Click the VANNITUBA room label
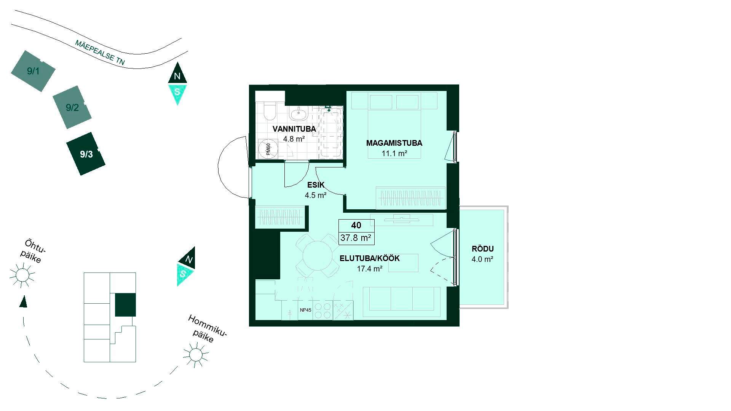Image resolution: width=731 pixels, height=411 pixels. tap(294, 129)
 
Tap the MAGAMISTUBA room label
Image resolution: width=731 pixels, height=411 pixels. tap(394, 143)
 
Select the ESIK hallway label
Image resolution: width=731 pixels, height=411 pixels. tap(316, 185)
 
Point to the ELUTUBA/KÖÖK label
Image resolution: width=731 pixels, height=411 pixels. tap(369, 259)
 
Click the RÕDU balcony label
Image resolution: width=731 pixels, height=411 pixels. tap(483, 249)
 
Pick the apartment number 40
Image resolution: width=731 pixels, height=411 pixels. tap(356, 225)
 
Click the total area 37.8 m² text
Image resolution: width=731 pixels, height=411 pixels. tap(356, 238)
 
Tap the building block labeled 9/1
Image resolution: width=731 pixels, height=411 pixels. tap(33, 71)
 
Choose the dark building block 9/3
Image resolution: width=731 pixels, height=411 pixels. tap(86, 154)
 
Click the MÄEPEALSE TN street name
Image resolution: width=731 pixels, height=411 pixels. tap(100, 53)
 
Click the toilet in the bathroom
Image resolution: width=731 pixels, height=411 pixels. tap(270, 110)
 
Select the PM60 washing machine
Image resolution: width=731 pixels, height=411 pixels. tap(268, 149)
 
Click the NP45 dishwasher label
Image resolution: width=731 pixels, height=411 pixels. tap(305, 310)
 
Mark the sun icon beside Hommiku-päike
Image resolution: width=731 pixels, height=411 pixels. tap(196, 355)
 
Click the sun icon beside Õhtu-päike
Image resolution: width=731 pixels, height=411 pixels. tap(22, 275)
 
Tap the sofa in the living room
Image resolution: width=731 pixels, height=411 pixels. tap(401, 302)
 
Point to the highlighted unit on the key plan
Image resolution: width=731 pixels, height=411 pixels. tap(125, 305)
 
